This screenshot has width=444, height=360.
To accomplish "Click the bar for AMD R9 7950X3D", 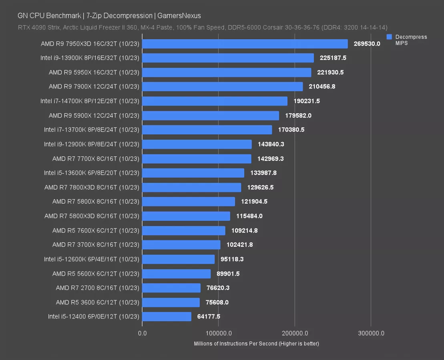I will (x=245, y=44).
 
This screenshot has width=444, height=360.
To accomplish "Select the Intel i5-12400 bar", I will (x=167, y=316).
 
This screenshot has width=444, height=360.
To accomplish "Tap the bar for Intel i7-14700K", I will (x=215, y=101).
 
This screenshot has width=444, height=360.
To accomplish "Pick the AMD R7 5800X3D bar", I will (x=186, y=216).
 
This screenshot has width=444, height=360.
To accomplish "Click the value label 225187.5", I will (x=333, y=58).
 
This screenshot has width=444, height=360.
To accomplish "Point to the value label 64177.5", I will (x=209, y=316).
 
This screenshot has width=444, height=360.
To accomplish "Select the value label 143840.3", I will (x=271, y=144).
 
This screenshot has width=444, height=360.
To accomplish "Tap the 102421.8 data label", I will (x=239, y=245).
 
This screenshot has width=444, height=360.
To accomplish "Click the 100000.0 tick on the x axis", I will (x=218, y=333).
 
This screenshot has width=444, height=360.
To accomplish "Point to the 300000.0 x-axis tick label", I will (x=371, y=333).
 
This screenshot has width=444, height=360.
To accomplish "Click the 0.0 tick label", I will (x=142, y=333).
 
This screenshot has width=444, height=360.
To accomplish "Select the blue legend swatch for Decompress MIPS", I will (x=389, y=37).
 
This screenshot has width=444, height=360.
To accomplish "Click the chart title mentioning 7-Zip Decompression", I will (x=109, y=16).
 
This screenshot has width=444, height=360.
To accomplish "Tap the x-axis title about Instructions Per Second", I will (x=256, y=344).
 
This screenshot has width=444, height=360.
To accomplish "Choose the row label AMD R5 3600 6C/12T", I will (x=97, y=302).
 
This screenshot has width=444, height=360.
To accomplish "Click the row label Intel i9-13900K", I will (x=90, y=58).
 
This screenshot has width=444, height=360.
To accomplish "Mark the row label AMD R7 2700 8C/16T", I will (x=97, y=288).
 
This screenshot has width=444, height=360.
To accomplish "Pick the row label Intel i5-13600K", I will (x=92, y=173).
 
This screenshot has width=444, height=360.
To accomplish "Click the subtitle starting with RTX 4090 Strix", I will (x=202, y=27).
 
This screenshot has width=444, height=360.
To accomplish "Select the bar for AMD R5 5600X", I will (x=176, y=274).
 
